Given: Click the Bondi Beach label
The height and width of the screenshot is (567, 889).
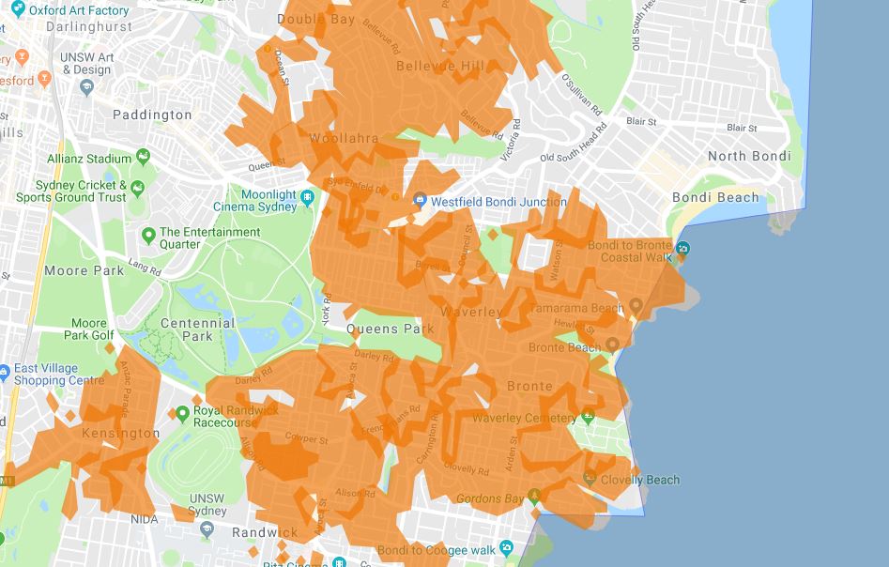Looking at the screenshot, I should pyautogui.click(x=715, y=197).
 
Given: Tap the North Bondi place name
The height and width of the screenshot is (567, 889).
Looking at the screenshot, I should pyautogui.click(x=749, y=156).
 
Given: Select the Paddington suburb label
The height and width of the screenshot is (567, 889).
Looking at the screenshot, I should pyautogui.click(x=152, y=115).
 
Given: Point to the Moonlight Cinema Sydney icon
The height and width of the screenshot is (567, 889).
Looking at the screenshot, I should pyautogui.click(x=307, y=197).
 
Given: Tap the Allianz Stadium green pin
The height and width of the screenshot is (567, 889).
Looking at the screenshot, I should pyautogui.click(x=143, y=157).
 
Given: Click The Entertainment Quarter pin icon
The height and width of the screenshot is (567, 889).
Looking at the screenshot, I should pyautogui.click(x=147, y=234).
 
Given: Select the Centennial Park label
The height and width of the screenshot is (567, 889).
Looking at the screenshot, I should pyautogui.click(x=198, y=329).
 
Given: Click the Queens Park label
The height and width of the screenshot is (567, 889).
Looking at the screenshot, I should pyautogui.click(x=391, y=329).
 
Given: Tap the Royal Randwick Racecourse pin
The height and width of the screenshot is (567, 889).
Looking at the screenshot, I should pyautogui.click(x=182, y=413).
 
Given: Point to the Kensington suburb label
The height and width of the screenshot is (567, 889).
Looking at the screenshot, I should pyautogui.click(x=121, y=433).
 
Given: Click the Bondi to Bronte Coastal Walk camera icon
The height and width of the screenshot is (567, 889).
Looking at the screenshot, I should pyautogui.click(x=682, y=249).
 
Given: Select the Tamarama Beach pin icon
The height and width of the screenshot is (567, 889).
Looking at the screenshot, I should pyautogui.click(x=636, y=305).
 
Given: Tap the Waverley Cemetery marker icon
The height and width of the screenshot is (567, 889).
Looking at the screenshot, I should pyautogui.click(x=589, y=415).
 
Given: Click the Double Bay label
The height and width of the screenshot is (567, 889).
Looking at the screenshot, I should pyautogui.click(x=316, y=19).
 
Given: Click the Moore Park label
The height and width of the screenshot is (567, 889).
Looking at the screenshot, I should pyautogui.click(x=84, y=270).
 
